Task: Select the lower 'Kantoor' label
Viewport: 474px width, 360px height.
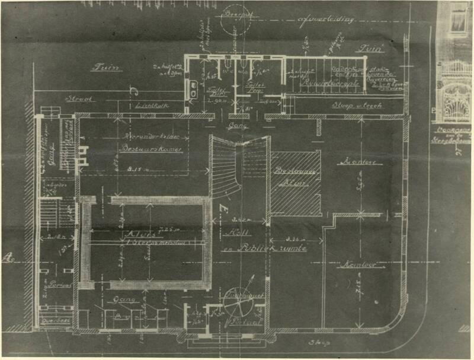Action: click(350, 265)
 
